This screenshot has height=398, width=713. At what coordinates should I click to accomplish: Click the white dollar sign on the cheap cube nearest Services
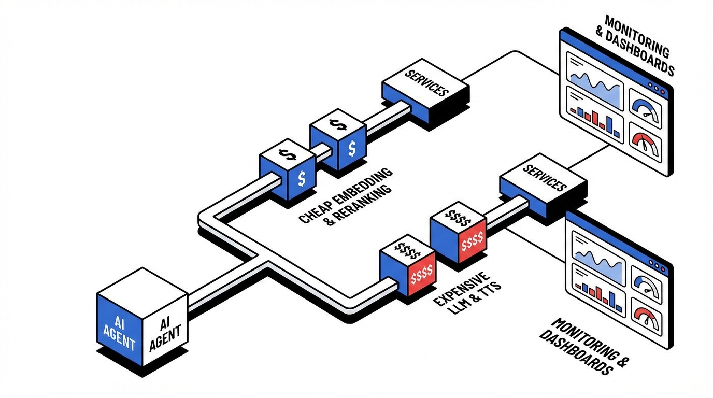pyautogui.click(x=352, y=149)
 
